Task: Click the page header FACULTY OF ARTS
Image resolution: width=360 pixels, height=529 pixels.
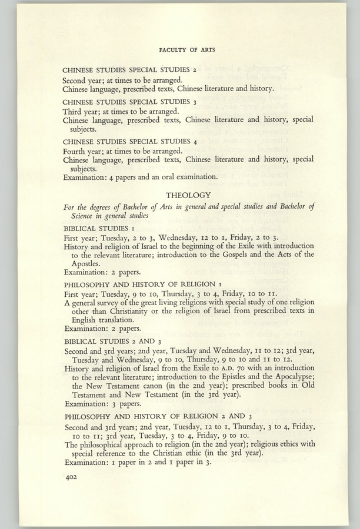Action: [186, 50]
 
